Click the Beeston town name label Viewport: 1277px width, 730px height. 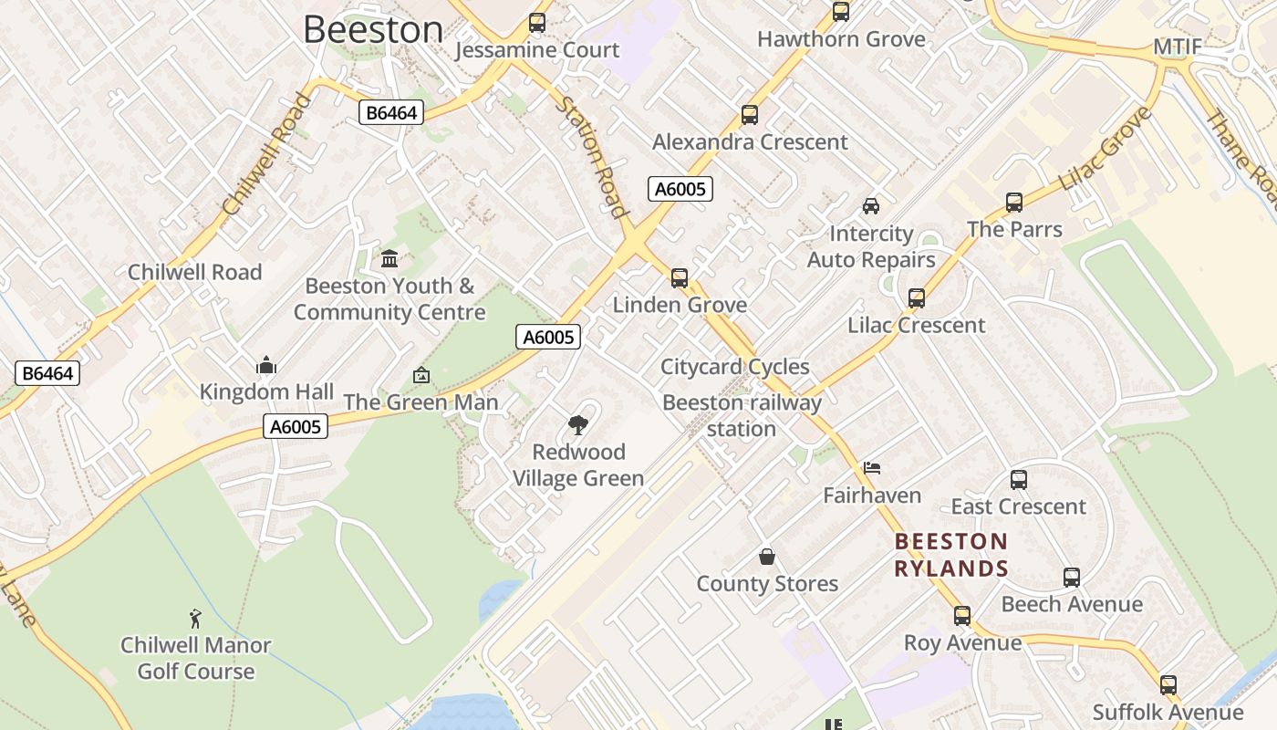(373, 29)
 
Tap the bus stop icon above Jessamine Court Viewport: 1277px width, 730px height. (537, 23)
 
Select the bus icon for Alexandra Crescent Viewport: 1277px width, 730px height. (750, 115)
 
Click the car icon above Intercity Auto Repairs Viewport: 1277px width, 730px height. (871, 205)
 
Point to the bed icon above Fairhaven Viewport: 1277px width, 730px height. (872, 468)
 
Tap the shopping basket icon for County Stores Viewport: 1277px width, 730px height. (767, 556)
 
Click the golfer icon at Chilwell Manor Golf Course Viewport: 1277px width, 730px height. (195, 619)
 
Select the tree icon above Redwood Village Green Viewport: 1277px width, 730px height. (577, 424)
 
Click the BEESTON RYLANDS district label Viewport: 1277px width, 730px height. (951, 555)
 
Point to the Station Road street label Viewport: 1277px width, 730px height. (594, 158)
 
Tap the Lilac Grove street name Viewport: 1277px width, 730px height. (1105, 149)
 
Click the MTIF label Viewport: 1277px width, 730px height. (1178, 47)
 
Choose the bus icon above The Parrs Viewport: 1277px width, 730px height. (1014, 202)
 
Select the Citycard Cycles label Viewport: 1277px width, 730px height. (735, 367)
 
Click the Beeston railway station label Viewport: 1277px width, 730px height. (742, 415)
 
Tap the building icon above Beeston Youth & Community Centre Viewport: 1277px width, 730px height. (389, 258)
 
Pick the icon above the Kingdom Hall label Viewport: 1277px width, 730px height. (266, 365)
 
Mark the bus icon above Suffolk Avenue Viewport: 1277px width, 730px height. (1168, 685)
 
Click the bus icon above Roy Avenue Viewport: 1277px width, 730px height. (962, 615)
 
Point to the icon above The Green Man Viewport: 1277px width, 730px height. (421, 375)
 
